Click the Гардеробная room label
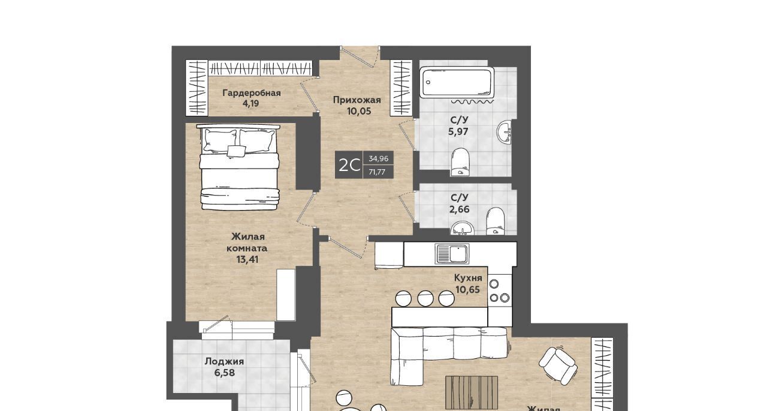(252, 93)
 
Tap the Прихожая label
(357, 100)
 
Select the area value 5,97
(458, 131)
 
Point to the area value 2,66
(459, 209)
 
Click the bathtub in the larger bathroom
(457, 82)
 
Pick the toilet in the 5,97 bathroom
(461, 162)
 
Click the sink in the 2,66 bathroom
(463, 228)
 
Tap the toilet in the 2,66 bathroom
(496, 221)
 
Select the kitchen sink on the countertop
(452, 254)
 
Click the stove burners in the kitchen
(499, 290)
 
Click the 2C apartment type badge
(349, 165)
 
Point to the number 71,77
(377, 172)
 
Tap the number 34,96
(378, 159)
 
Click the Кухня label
(468, 278)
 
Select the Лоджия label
(224, 362)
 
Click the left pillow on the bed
(220, 141)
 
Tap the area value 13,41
(247, 259)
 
